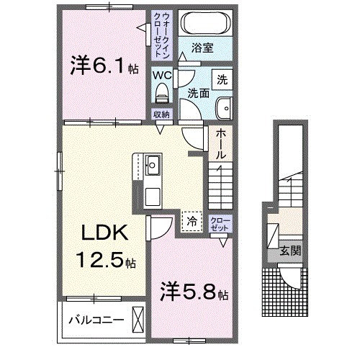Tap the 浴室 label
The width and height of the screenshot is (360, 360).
click(x=202, y=48)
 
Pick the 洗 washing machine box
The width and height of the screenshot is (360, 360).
click(x=222, y=77)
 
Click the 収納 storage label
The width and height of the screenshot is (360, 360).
click(x=161, y=114)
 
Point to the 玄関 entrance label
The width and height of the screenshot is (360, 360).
click(x=290, y=251)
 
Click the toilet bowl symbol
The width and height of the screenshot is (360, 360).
click(x=161, y=92)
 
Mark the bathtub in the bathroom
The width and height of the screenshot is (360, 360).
click(x=202, y=23)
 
